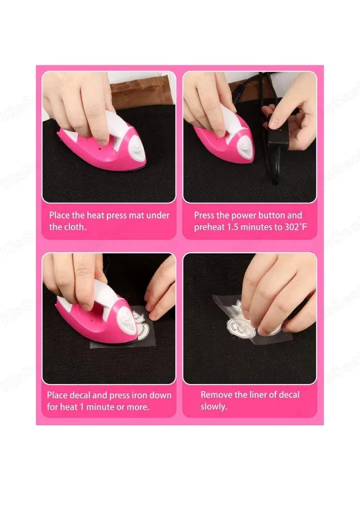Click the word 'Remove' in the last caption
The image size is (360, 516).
(x=217, y=395)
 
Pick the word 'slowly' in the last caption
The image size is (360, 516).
(x=213, y=406)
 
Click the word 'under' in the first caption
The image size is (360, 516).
(x=157, y=215)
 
